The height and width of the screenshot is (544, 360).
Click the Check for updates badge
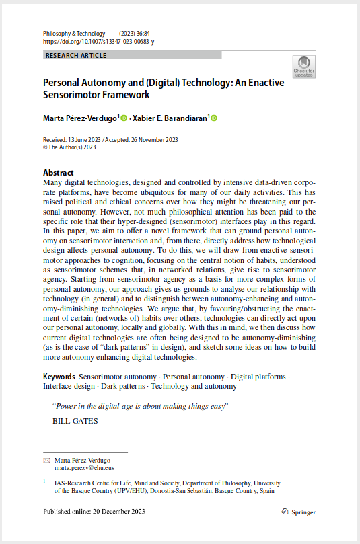pos(303,67)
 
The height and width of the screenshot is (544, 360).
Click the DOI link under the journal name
pos(98,42)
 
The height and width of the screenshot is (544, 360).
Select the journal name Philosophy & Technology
pos(74,34)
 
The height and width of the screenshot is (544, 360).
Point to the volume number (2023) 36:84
pos(135,34)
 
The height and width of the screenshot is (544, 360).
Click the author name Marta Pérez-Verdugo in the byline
pos(80,118)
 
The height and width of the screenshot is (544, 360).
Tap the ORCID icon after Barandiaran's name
pos(214,118)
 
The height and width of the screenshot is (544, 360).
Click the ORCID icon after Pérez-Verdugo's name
pos(124,118)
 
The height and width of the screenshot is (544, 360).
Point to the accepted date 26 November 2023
pos(151,139)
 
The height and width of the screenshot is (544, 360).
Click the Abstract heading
pos(59,173)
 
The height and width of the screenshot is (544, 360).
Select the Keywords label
pos(59,377)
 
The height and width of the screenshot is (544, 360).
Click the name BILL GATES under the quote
pos(75,422)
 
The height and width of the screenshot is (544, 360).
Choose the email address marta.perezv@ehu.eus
pos(84,467)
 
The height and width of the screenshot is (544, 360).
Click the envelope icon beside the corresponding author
pos(46,461)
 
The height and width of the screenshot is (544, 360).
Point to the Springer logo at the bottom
pos(298,512)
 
